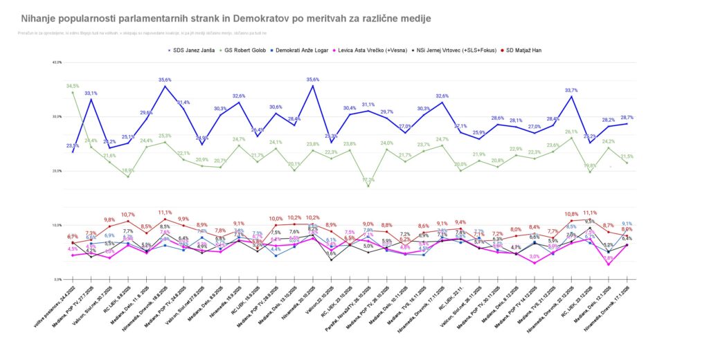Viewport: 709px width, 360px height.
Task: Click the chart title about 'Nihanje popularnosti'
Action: coord(226,18)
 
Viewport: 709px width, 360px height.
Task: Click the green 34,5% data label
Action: coord(73,86)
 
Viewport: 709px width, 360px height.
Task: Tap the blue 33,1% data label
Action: coord(91,93)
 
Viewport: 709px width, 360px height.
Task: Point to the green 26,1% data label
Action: coord(572,132)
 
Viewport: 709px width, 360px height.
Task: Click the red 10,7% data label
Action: coord(128,215)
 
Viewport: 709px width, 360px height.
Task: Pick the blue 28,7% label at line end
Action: coord(627,117)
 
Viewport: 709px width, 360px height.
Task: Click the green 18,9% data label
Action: coord(128,170)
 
